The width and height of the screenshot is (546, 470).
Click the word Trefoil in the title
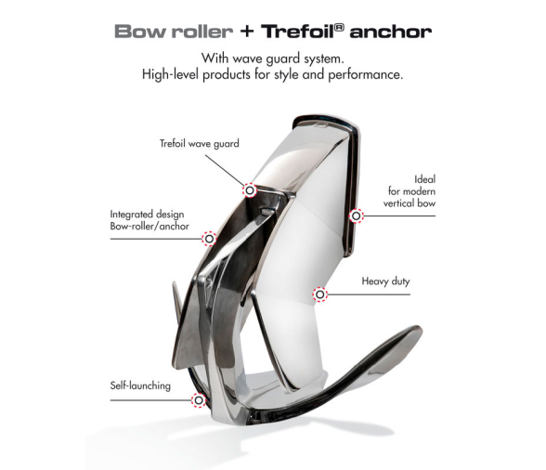coord(298,32)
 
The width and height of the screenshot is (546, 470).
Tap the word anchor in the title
coord(391,33)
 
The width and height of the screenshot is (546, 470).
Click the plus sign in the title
coord(247,32)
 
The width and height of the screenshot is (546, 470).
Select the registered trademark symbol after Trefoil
coord(340,28)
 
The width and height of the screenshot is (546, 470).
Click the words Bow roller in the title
coord(174,32)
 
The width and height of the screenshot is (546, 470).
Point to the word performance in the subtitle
coord(365,75)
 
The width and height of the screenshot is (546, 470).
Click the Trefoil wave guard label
coord(199,144)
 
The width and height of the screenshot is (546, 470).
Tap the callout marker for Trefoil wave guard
coord(249,190)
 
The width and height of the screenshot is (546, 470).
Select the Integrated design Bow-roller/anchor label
coord(149,220)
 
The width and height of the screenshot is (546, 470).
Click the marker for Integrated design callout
coord(209,239)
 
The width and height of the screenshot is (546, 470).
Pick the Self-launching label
coord(140,385)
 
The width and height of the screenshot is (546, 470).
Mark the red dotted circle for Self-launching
coord(199,400)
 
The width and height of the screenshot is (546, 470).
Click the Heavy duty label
coord(385,281)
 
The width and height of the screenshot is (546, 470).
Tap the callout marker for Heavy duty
coord(319,294)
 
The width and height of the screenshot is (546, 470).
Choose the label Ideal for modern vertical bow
coord(409,191)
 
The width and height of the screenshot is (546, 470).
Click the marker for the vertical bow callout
coord(356,216)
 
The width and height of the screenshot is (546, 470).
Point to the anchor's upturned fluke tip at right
coord(419,329)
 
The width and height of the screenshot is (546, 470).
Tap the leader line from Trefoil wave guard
coord(225,170)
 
